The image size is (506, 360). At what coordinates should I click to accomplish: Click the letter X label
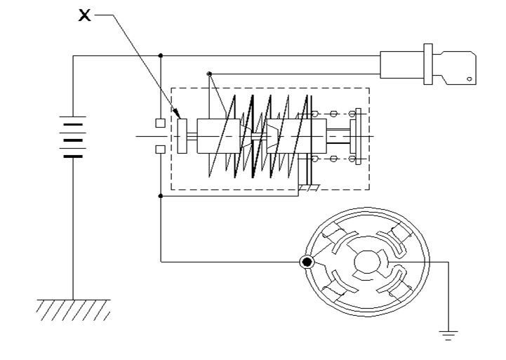click(x=84, y=15)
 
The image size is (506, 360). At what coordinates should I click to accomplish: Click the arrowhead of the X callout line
click(x=177, y=114)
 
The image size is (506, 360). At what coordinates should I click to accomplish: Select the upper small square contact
click(x=161, y=123)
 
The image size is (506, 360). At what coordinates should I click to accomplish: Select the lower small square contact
click(x=161, y=149)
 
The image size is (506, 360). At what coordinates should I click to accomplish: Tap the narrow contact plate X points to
click(x=182, y=136)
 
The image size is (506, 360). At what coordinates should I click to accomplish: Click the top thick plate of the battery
click(x=73, y=124)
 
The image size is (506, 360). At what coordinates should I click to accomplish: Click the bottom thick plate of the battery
click(x=73, y=156)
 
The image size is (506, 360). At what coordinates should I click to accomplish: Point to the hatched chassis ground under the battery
click(x=73, y=310)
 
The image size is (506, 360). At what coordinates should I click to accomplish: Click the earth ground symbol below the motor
click(x=448, y=335)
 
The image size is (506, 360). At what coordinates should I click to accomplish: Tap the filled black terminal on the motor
click(x=307, y=262)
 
